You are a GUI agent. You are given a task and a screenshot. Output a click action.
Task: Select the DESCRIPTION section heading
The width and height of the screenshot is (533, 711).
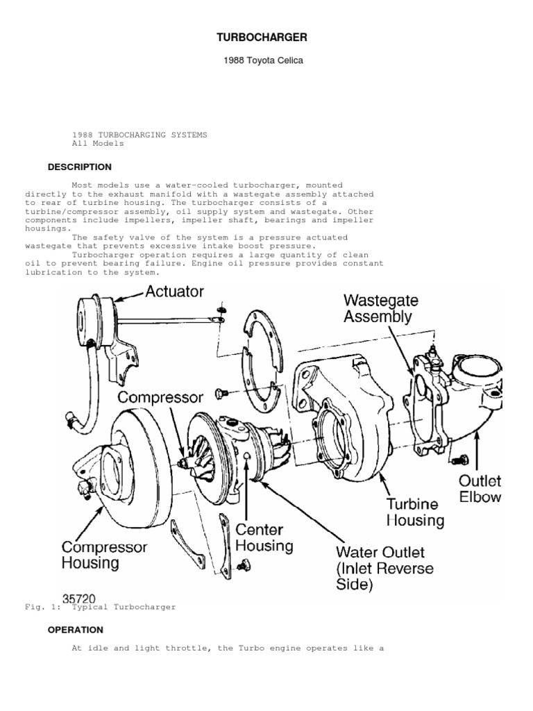[79, 167]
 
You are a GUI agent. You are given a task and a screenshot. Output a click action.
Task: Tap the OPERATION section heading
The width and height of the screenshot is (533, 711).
[75, 630]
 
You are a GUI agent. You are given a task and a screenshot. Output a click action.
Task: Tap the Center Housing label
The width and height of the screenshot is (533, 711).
[264, 536]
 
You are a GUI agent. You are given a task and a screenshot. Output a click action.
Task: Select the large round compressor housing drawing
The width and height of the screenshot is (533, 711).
[132, 458]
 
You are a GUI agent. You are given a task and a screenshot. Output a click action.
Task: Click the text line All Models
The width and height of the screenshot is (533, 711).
[98, 143]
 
